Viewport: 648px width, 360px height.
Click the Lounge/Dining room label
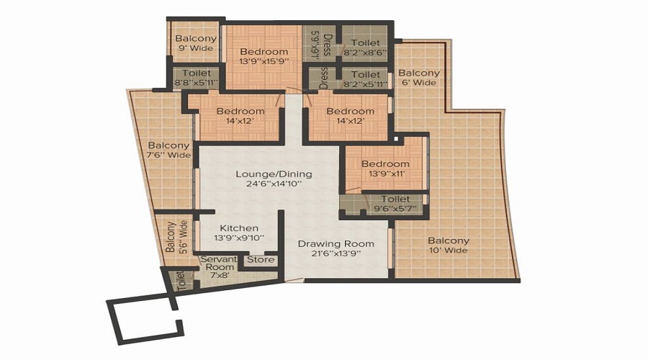(274, 174)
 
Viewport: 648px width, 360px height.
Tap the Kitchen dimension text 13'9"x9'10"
(239, 238)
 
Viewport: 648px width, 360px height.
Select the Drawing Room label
(336, 244)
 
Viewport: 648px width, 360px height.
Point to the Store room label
(261, 260)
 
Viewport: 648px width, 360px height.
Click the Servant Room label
(219, 264)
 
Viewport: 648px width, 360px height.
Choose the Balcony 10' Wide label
(449, 246)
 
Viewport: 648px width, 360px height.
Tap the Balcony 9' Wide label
(196, 43)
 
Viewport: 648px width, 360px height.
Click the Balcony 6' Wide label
(419, 78)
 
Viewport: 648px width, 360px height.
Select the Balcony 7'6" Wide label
(169, 150)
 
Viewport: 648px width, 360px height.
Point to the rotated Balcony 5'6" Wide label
(176, 237)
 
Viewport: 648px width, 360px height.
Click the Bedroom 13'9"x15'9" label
(264, 56)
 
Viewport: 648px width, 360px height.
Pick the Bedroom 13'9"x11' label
(385, 168)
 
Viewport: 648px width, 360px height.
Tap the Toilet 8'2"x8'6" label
(365, 48)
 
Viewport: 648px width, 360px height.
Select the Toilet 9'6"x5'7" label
(395, 204)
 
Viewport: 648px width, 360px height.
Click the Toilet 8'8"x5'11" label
(197, 78)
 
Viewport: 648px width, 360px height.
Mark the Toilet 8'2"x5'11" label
(366, 79)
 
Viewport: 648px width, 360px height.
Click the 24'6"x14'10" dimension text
(274, 184)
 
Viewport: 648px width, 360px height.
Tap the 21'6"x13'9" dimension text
(336, 253)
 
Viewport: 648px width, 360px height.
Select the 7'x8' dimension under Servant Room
(220, 274)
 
